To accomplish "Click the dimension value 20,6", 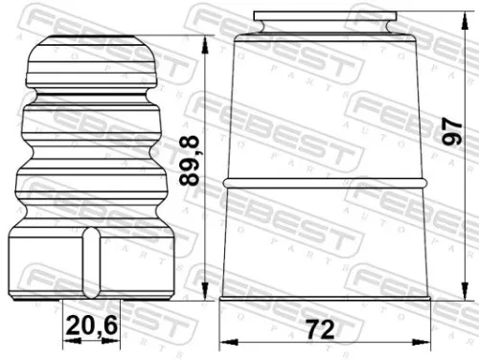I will (x=92, y=326).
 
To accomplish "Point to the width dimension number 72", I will (x=322, y=329).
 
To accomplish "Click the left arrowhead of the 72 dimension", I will (x=224, y=342).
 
